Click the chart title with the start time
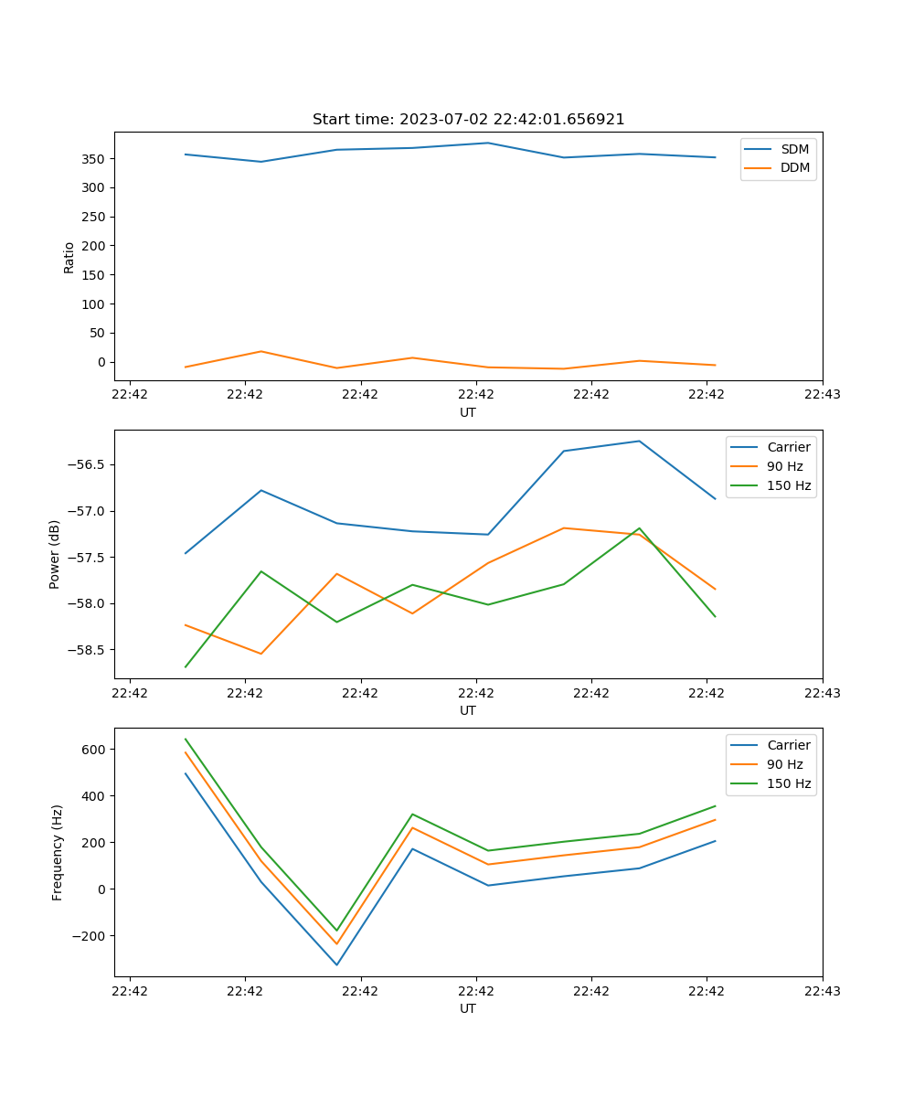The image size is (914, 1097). (468, 120)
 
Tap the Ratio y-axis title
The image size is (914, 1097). (69, 257)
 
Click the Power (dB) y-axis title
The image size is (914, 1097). (55, 554)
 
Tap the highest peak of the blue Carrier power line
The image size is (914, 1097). (639, 442)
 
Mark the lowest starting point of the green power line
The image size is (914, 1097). (186, 666)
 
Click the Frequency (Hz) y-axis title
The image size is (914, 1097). (57, 852)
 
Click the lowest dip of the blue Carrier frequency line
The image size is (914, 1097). (336, 964)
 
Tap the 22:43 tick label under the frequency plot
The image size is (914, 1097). (822, 991)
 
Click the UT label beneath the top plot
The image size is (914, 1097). (468, 412)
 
